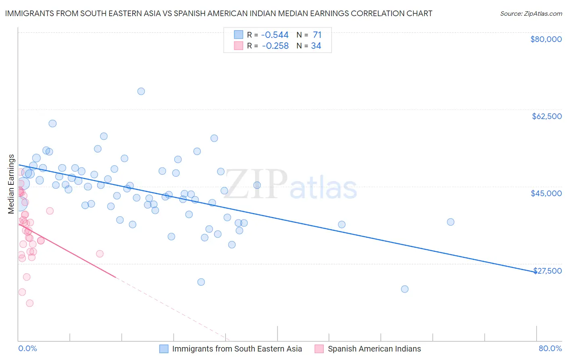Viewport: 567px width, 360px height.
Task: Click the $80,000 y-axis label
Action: click(546, 39)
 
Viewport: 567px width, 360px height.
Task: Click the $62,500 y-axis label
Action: click(546, 116)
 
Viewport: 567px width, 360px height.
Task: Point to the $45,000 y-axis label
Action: click(546, 193)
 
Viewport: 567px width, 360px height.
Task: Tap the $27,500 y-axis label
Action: click(547, 271)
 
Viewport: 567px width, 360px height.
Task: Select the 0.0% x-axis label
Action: click(27, 348)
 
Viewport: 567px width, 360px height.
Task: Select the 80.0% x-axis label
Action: click(550, 348)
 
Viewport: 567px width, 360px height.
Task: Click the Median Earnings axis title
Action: click(11, 184)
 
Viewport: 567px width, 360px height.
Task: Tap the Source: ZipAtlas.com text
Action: click(531, 14)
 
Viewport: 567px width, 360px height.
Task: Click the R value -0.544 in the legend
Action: click(275, 35)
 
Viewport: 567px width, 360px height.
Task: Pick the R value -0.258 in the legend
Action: click(275, 46)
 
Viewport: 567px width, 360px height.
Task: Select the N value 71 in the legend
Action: click(317, 35)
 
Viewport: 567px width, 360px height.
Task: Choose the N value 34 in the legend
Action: click(316, 46)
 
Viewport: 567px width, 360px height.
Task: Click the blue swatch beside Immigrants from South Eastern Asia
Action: click(164, 349)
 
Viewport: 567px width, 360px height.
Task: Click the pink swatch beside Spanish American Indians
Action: click(319, 349)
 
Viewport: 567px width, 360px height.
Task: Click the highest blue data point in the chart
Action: click(141, 91)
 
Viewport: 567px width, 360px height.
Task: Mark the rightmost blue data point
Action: click(450, 222)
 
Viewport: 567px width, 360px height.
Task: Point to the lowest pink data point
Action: click(29, 303)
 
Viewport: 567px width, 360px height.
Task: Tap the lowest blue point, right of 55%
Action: click(404, 289)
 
